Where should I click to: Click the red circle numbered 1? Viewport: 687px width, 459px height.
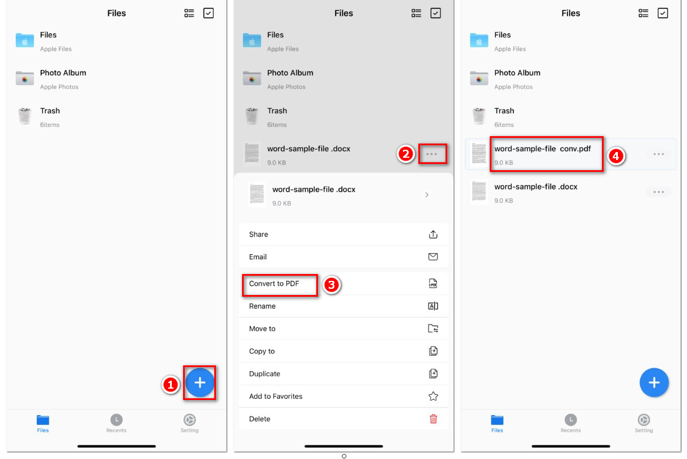tap(171, 385)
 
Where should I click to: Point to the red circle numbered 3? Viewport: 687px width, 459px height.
tap(332, 285)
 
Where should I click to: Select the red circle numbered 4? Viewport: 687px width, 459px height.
tap(616, 157)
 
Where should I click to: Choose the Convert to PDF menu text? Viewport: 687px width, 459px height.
tap(274, 284)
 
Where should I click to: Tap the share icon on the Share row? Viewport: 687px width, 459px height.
tap(433, 234)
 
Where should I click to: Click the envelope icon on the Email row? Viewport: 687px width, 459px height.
tap(433, 257)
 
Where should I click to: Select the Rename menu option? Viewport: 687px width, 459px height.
tap(262, 306)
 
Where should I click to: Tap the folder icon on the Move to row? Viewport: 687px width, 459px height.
tap(433, 329)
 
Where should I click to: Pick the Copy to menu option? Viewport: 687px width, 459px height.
tap(262, 351)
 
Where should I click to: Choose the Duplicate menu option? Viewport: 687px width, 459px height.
tap(265, 374)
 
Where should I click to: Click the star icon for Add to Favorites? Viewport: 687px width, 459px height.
tap(433, 397)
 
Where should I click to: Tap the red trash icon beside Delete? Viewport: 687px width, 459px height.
tap(433, 419)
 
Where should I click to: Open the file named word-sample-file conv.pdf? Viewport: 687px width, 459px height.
tap(542, 149)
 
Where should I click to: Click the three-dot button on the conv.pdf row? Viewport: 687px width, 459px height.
tap(659, 154)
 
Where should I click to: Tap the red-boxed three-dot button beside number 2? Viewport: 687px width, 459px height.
tap(432, 154)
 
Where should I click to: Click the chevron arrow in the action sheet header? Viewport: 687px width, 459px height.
tap(427, 195)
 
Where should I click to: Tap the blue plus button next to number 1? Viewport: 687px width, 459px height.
tap(200, 383)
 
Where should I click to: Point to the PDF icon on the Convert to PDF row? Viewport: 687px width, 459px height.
tap(433, 284)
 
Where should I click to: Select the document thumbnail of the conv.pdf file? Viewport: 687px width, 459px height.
tap(479, 154)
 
